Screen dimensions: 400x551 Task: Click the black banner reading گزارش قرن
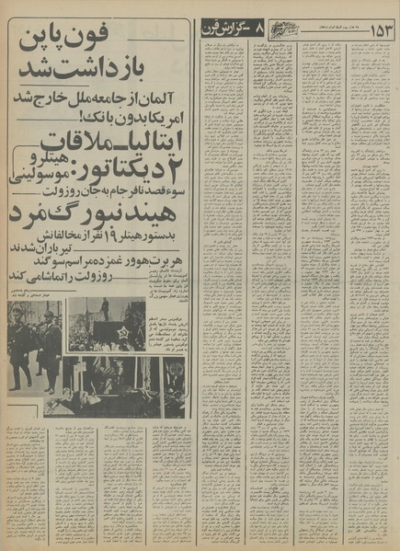(x=235, y=32)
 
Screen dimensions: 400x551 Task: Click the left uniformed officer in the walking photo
(x=19, y=345)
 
